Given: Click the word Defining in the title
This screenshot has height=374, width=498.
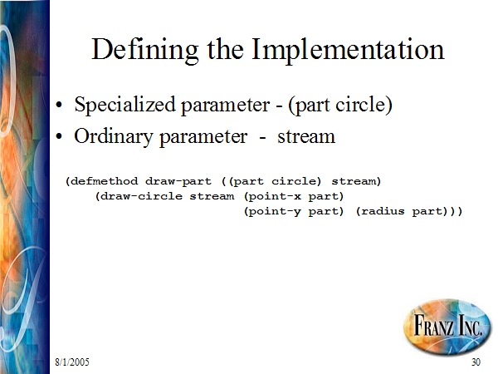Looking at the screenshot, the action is (x=144, y=50).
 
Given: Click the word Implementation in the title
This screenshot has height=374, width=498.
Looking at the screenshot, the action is (x=348, y=50).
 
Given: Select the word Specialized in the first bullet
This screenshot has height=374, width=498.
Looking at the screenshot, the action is (x=124, y=105).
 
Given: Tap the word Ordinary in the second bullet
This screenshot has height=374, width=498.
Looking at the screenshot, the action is (x=114, y=137).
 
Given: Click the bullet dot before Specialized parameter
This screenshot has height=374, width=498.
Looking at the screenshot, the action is (x=59, y=105).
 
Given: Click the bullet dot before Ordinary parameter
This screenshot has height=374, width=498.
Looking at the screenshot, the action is (x=59, y=137).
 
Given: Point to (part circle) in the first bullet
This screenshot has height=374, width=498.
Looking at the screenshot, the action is (x=340, y=105).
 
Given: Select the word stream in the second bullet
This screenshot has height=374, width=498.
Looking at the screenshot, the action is (x=306, y=137).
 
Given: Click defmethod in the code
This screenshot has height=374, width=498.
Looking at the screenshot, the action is (x=105, y=181).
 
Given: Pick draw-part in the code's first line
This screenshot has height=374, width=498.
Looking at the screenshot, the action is (x=178, y=181).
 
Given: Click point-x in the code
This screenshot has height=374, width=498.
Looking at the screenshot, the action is (x=275, y=196).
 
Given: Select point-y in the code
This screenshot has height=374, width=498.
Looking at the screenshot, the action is (x=275, y=212).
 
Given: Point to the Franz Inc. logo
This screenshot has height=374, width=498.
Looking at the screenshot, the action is (x=447, y=327).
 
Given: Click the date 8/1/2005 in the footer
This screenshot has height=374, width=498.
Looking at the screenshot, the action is (x=72, y=362).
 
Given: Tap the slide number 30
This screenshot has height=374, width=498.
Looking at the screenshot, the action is (x=476, y=362).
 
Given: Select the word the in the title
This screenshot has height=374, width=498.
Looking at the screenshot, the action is (x=225, y=50).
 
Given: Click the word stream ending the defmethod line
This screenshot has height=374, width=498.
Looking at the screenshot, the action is (x=354, y=181).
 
